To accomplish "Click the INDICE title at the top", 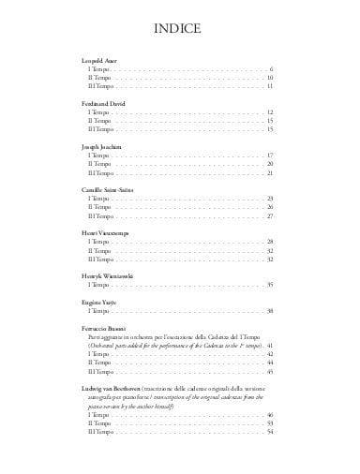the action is click(x=179, y=29).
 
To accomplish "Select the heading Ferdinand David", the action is click(x=100, y=104).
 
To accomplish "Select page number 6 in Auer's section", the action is click(x=270, y=69).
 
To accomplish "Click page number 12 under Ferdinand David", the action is click(x=269, y=112).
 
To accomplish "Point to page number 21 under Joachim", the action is click(x=269, y=173).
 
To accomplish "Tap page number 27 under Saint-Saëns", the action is click(x=269, y=216).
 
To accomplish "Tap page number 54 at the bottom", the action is click(x=269, y=431).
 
